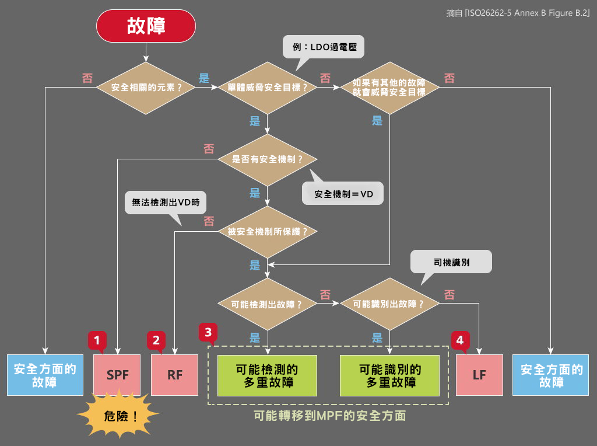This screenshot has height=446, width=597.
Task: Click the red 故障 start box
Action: click(x=146, y=26)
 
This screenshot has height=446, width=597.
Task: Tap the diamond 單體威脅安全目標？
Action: click(x=268, y=88)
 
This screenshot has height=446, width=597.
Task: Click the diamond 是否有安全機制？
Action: click(x=268, y=159)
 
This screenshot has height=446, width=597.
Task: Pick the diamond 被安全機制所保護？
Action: click(x=268, y=231)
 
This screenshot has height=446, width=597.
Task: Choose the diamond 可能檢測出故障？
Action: click(x=268, y=304)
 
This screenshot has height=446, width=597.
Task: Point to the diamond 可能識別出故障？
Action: click(x=390, y=304)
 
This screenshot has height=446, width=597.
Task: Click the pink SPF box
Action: click(x=117, y=375)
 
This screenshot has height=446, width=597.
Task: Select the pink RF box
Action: click(x=175, y=375)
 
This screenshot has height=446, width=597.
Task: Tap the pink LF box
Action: click(x=479, y=375)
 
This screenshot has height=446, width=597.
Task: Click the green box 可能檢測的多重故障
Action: click(x=268, y=375)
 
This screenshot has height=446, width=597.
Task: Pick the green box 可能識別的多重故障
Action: click(x=390, y=375)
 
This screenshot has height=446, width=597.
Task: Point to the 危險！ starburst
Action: click(x=118, y=416)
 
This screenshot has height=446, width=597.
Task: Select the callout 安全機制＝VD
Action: click(x=343, y=194)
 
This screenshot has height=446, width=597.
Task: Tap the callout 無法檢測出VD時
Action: click(x=166, y=203)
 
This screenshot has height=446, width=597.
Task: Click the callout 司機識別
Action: click(x=451, y=262)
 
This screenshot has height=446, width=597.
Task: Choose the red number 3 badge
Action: click(x=208, y=332)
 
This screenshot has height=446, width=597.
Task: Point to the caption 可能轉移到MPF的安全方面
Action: click(x=329, y=416)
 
